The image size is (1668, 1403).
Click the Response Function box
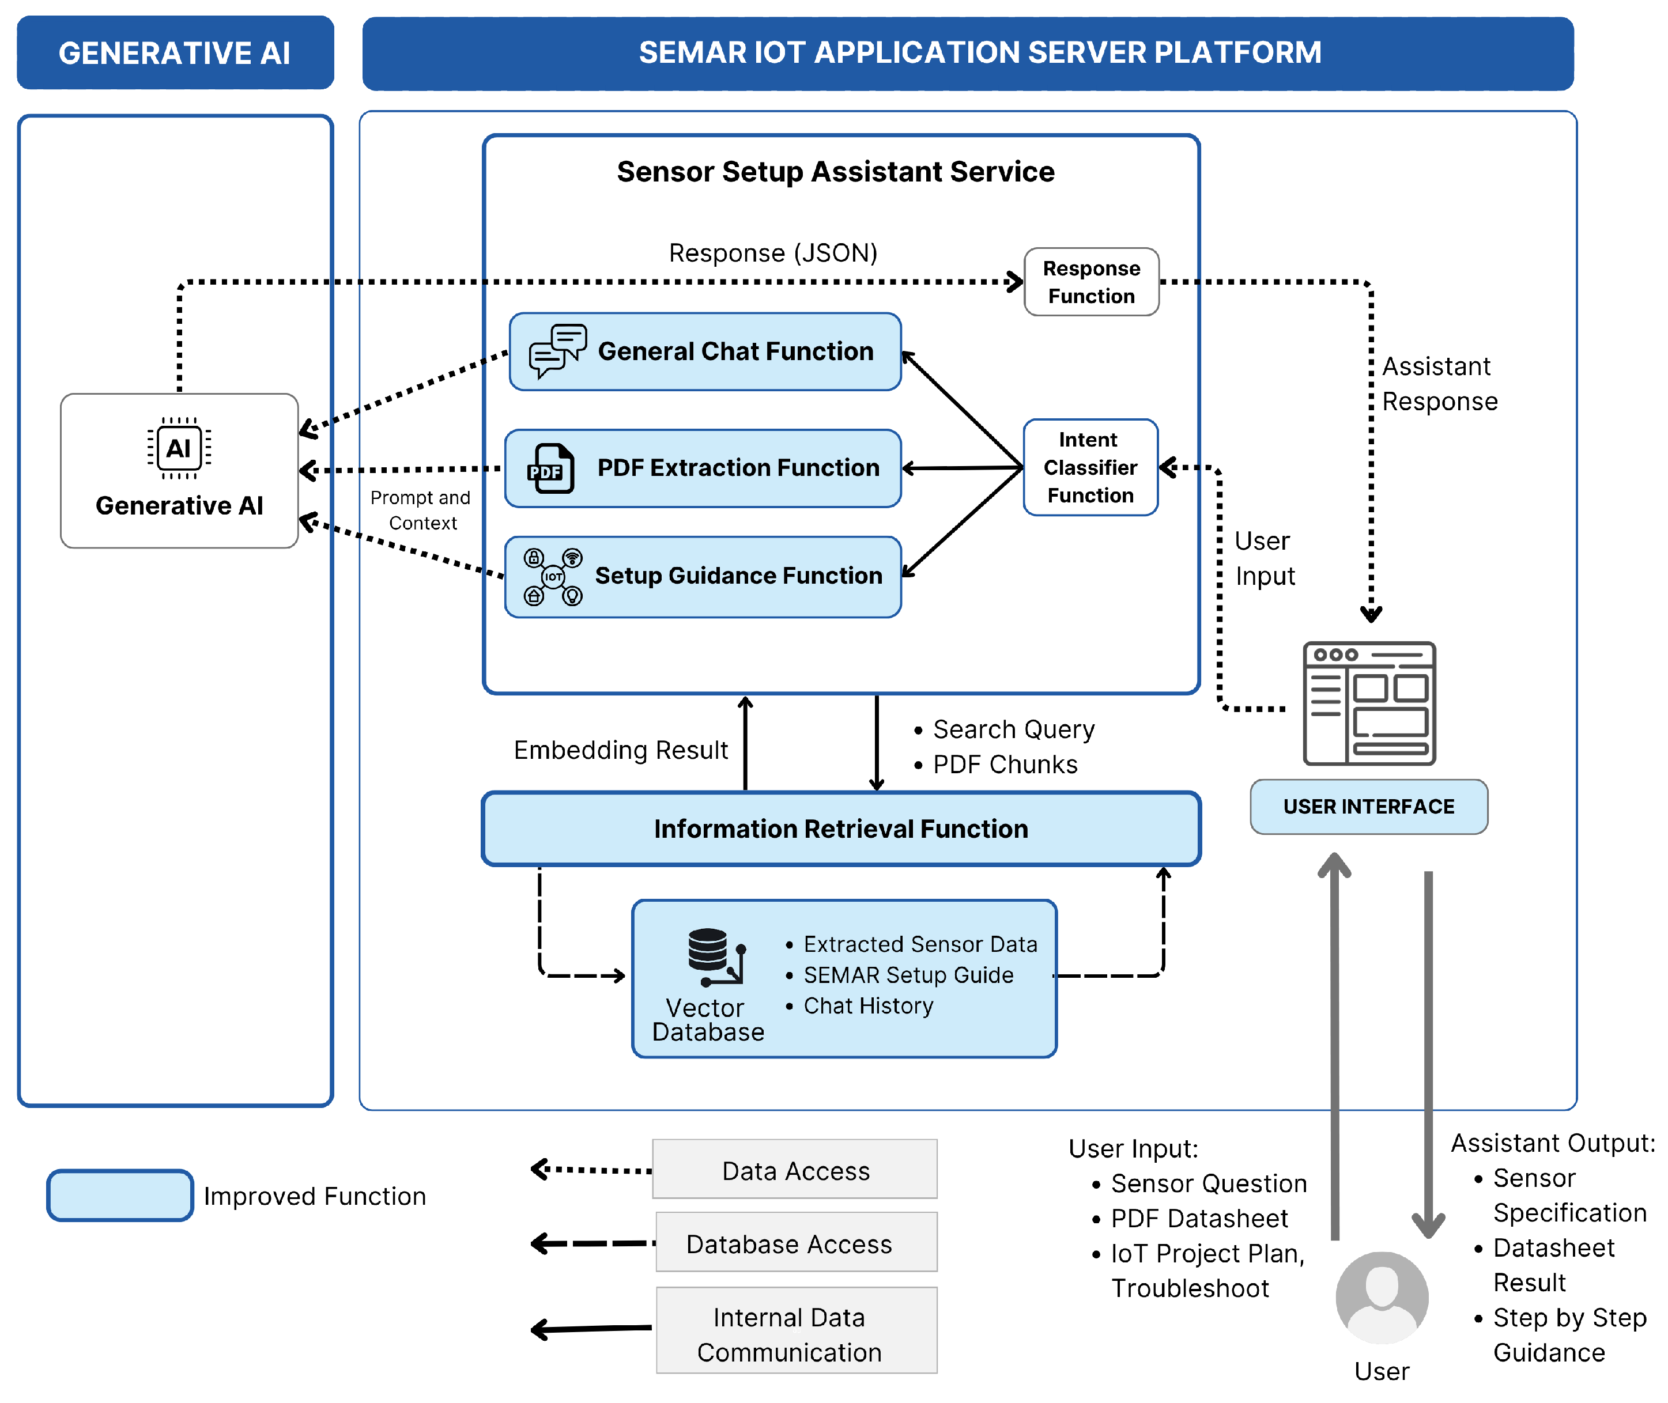1090,282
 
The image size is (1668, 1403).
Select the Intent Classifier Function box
1090,468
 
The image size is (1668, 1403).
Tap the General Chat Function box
705,351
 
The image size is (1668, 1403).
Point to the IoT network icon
553,577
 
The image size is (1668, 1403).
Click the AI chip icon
179,448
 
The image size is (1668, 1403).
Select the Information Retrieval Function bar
841,829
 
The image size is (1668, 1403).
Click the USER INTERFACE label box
1368,807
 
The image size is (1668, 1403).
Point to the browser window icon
1368,703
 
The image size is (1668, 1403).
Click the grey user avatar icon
1382,1297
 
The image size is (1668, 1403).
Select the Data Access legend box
795,1170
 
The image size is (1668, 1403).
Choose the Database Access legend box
796,1243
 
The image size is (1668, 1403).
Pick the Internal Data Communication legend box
796,1334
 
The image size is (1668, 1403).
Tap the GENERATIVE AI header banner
175,52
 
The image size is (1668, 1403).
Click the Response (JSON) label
772,253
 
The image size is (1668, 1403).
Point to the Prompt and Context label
421,510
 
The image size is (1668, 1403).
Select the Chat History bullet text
868,1006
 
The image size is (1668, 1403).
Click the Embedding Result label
620,750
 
